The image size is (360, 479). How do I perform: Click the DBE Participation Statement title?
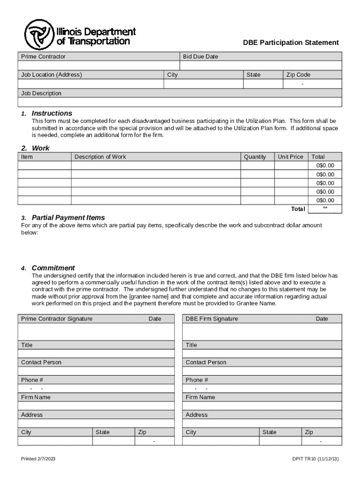pyautogui.click(x=290, y=43)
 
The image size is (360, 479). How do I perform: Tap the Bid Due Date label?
pyautogui.click(x=200, y=57)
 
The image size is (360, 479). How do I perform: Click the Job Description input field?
pyautogui.click(x=180, y=102)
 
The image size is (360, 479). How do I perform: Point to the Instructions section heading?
pyautogui.click(x=52, y=113)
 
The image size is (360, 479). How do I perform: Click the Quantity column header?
pyautogui.click(x=255, y=157)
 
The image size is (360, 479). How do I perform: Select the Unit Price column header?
pyautogui.click(x=290, y=157)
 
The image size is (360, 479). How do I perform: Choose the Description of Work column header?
pyautogui.click(x=100, y=157)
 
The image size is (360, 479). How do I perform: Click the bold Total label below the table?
pyautogui.click(x=298, y=209)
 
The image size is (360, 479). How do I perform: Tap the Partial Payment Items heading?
pyautogui.click(x=68, y=218)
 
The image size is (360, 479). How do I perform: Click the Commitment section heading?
pyautogui.click(x=53, y=268)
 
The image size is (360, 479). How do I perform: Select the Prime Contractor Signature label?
pyautogui.click(x=57, y=319)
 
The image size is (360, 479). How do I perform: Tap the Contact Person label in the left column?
pyautogui.click(x=41, y=362)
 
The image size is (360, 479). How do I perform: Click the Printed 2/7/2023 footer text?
pyautogui.click(x=38, y=459)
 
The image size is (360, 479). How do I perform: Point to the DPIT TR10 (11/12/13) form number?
pyautogui.click(x=315, y=459)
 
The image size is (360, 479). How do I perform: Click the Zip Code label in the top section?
pyautogui.click(x=298, y=75)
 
